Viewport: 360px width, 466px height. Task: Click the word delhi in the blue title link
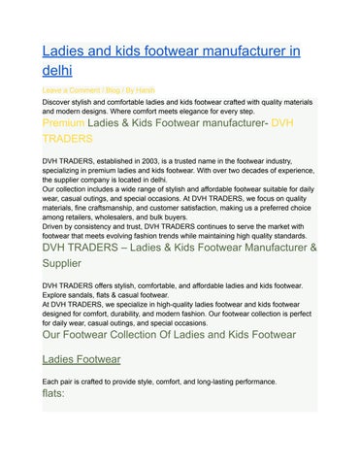coord(61,71)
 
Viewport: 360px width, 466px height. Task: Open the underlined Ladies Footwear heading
coord(82,358)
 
